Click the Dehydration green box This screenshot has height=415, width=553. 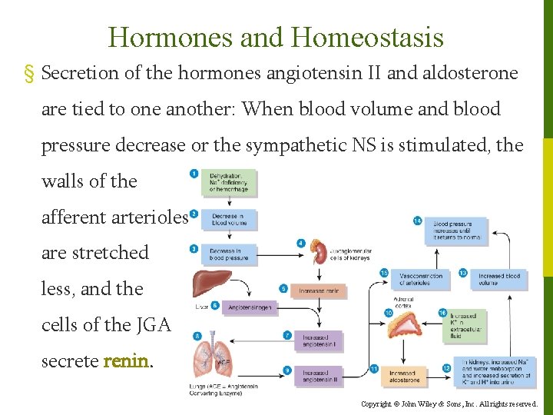coord(233,183)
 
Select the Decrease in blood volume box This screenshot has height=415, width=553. coord(233,219)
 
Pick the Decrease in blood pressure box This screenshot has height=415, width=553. coord(232,254)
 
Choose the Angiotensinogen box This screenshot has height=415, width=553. coord(250,307)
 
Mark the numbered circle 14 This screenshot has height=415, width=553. coord(417,221)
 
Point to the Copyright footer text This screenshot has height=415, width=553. coord(449,403)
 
